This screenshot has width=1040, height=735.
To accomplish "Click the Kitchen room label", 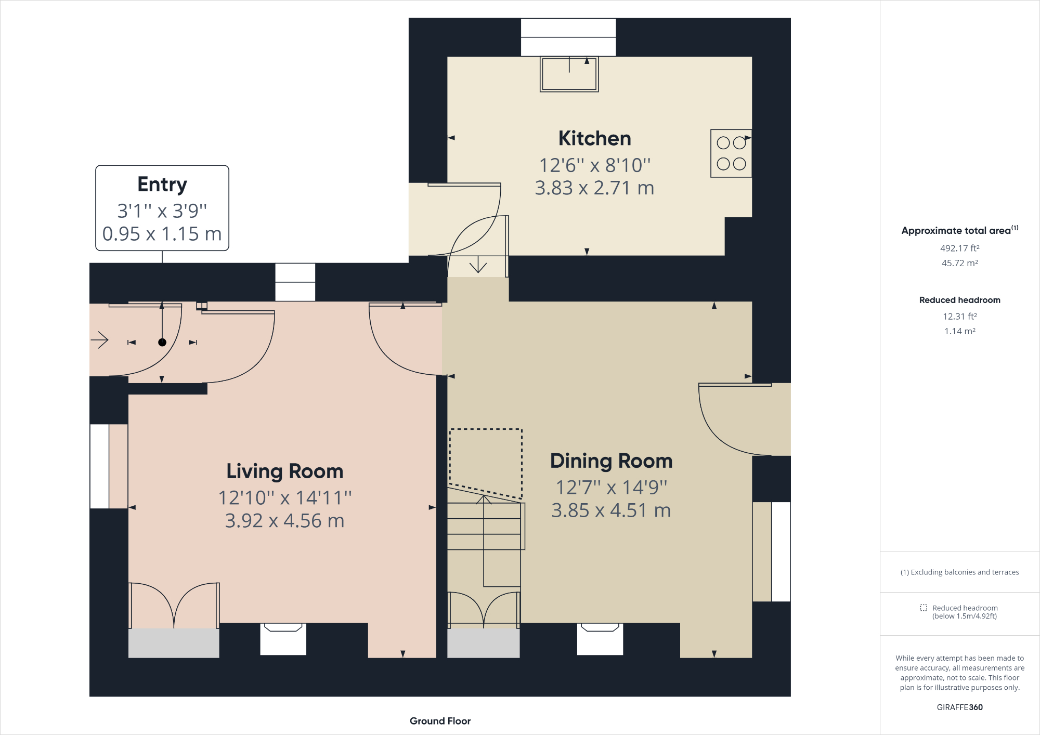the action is click(x=594, y=139).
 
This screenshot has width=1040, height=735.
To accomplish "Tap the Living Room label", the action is click(x=285, y=471).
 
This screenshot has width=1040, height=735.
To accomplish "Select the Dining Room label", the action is click(x=612, y=461).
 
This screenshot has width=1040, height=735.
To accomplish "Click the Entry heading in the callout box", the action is click(x=162, y=185).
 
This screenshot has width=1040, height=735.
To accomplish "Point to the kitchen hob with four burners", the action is click(x=731, y=153).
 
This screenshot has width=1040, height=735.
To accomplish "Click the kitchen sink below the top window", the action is click(x=569, y=74).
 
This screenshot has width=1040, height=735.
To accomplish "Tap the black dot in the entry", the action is click(x=162, y=342).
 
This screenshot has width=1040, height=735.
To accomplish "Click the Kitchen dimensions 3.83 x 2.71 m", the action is click(x=594, y=188).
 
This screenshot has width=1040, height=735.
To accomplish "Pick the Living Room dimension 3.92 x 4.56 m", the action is click(x=284, y=521).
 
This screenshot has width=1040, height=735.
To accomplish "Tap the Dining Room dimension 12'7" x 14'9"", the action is click(x=612, y=488).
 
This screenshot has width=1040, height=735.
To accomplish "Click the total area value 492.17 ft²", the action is click(x=960, y=248).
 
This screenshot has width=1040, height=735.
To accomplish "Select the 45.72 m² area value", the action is click(x=960, y=263).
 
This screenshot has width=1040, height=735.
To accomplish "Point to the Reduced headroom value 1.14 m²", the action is click(x=960, y=331).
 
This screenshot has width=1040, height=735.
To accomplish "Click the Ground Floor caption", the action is click(x=440, y=721).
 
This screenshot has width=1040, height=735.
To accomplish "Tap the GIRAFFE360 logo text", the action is click(x=960, y=707).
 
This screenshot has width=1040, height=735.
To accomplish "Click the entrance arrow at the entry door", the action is click(x=99, y=340).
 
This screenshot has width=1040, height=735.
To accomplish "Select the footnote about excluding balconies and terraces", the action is click(x=960, y=572).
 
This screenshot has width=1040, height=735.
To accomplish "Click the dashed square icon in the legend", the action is click(x=924, y=608).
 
